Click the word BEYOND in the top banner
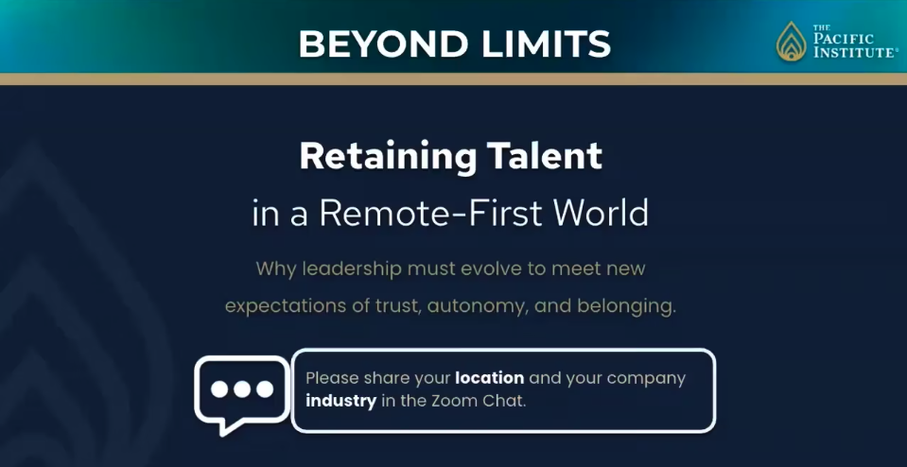point(384,43)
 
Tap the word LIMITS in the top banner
point(546,43)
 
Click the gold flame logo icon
point(791,41)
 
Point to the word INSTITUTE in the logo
point(855,53)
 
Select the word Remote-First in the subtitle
point(431,214)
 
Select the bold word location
point(489,378)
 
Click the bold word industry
point(341,401)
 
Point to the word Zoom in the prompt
point(451,401)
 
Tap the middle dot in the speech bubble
point(242,389)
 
